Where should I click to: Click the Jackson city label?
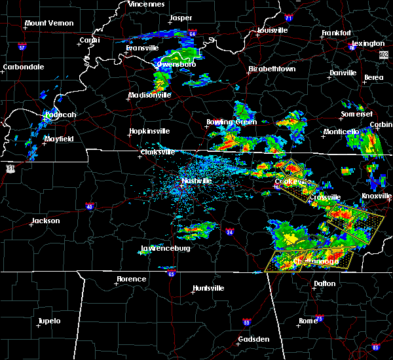click(x=46, y=221)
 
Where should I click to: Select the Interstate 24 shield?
click(x=230, y=231)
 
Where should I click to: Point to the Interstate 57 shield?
click(x=21, y=47)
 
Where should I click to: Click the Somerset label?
click(x=355, y=115)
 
